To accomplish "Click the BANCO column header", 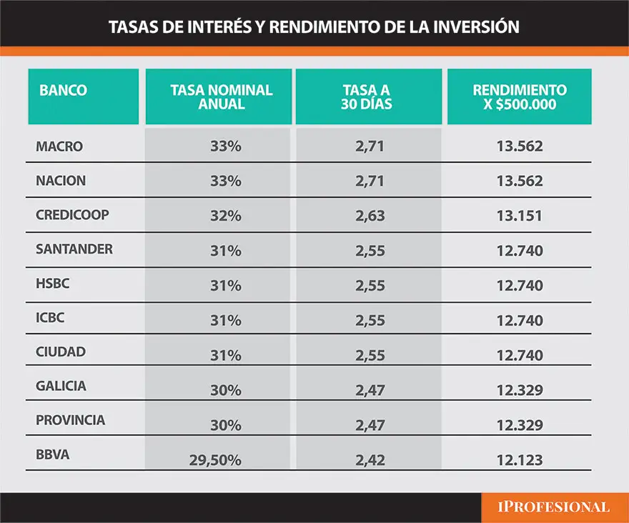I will coord(64,91).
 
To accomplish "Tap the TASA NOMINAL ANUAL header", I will coord(222,97).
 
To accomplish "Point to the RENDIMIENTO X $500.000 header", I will coord(520,97).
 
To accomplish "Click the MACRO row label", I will coord(59,146).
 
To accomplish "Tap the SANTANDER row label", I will coord(74,249).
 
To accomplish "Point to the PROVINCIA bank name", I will coord(70,420).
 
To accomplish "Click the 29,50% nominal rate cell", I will coord(214,460).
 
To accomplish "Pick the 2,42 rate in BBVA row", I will coord(370,460).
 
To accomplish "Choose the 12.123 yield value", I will coord(520,460).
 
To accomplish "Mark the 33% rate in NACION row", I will coord(226,181).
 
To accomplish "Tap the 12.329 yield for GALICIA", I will coord(520,391).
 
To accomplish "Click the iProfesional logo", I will coord(553,507).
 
